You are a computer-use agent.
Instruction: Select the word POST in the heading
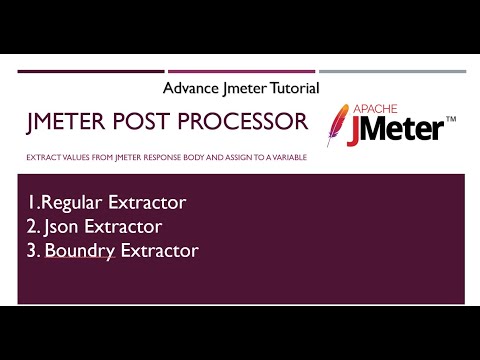[141, 122]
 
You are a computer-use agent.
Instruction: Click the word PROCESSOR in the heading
[240, 122]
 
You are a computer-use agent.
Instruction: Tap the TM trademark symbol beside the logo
[451, 120]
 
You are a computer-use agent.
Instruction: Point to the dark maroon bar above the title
[91, 71]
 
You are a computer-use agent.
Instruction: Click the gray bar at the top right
[392, 71]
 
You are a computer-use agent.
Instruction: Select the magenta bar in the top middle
[241, 71]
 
